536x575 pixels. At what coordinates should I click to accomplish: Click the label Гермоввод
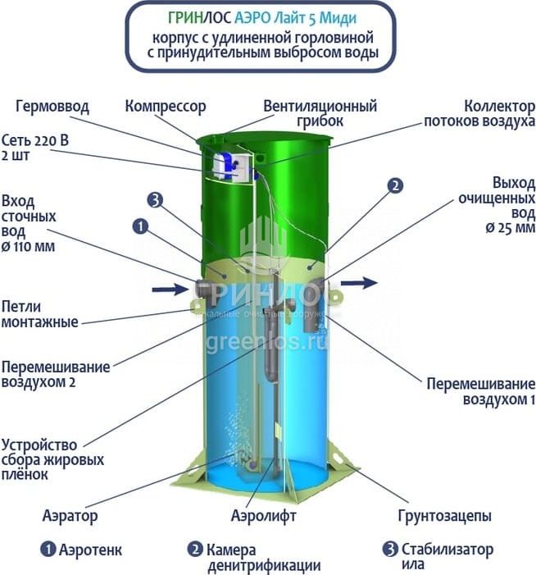[52, 107]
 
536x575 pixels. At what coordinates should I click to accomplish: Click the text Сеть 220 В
[35, 139]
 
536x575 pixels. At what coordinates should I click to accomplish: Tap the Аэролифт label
[263, 516]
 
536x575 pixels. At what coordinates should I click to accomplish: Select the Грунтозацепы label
[444, 516]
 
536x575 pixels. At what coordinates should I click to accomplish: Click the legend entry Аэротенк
[82, 550]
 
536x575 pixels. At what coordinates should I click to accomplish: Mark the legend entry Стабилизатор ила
[443, 557]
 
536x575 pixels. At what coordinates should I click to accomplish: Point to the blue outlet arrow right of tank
[360, 282]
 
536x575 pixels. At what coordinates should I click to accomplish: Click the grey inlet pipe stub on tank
[204, 289]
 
